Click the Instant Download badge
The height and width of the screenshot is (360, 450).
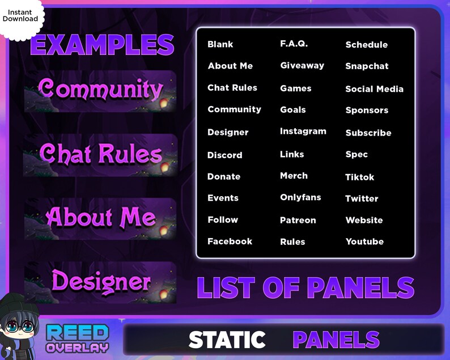[20, 15]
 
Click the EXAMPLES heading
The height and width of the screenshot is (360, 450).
[102, 45]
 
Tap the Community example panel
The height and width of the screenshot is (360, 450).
[100, 91]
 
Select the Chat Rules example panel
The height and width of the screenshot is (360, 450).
[100, 155]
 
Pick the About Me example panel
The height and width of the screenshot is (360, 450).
[100, 218]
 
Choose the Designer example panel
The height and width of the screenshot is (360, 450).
[100, 282]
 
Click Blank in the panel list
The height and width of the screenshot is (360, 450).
[220, 44]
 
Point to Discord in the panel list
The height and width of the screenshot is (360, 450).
[224, 155]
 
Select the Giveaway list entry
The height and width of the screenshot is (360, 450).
[302, 66]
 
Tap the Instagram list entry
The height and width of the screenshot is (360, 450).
[303, 132]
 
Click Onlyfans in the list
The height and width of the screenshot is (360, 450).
[300, 198]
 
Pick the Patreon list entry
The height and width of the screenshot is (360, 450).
[298, 220]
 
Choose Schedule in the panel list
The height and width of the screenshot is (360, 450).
[367, 45]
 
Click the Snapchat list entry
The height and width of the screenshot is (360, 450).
[367, 66]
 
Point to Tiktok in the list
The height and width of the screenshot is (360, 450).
[360, 177]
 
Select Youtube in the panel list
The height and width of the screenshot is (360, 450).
[364, 242]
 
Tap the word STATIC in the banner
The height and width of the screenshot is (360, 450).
[227, 340]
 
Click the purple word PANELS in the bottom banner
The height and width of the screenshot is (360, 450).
[336, 340]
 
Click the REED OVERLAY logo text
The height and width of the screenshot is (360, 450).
[77, 339]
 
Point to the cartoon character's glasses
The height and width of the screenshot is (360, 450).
[19, 329]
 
